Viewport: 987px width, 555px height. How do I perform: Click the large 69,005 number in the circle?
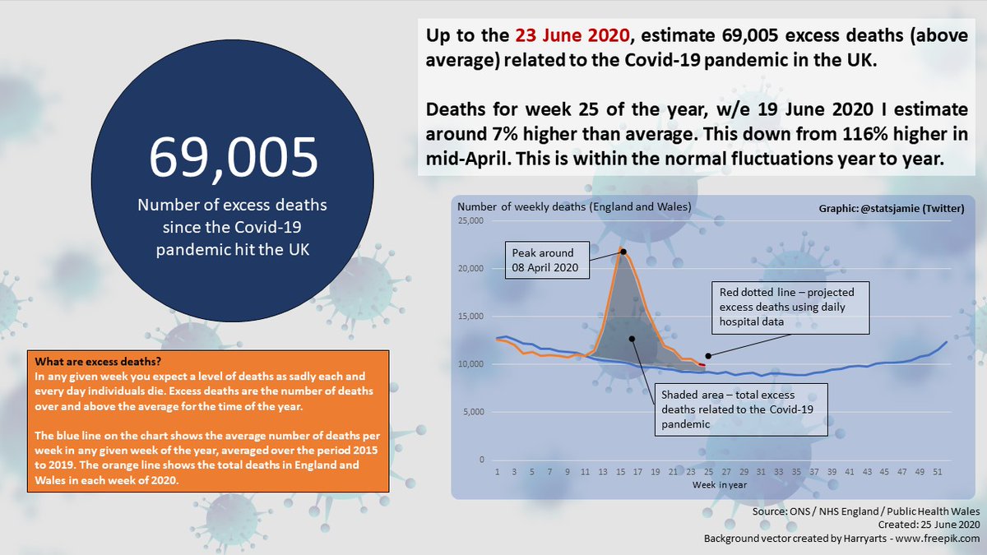point(233,157)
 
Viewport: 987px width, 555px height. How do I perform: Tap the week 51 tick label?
point(939,472)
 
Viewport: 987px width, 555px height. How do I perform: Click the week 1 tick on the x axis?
point(497,472)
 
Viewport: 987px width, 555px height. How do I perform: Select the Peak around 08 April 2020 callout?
point(544,261)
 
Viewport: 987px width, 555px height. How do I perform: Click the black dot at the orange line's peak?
point(623,251)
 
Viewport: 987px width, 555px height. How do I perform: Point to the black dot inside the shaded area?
point(631,339)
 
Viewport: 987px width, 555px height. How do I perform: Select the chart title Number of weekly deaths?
point(574,206)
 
